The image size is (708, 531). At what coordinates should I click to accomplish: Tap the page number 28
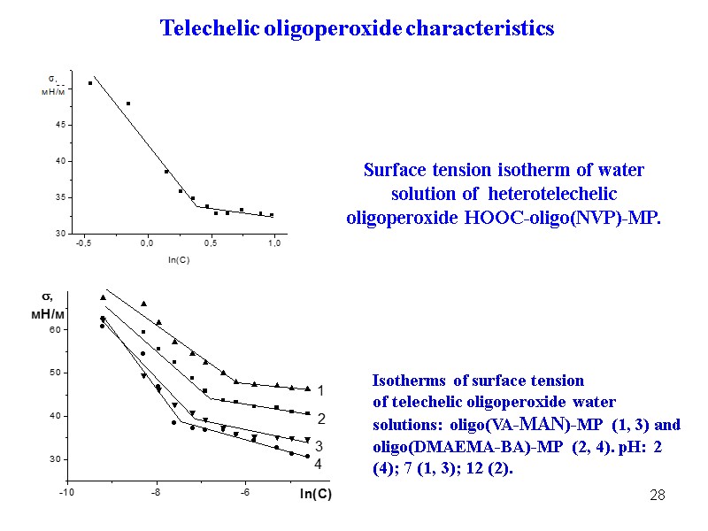click(657, 494)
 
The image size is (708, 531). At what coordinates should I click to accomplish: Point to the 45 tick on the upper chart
click(60, 125)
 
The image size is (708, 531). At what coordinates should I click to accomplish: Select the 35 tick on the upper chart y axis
click(60, 197)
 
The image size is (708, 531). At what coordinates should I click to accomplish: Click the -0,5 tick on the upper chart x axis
click(85, 242)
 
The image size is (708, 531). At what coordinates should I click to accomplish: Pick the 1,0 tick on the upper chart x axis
click(274, 242)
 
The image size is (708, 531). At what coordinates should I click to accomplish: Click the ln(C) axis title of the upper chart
click(180, 259)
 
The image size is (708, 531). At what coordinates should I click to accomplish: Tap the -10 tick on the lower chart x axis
click(67, 493)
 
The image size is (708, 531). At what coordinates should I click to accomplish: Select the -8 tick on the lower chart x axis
click(156, 493)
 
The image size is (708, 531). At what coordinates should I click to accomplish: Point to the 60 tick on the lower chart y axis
click(54, 330)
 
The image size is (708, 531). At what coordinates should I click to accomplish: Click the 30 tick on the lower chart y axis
click(54, 459)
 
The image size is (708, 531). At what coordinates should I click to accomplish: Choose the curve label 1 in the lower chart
click(320, 390)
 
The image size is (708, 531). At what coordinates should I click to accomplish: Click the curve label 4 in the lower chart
click(319, 463)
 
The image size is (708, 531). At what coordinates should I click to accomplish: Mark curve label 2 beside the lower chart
click(321, 418)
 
